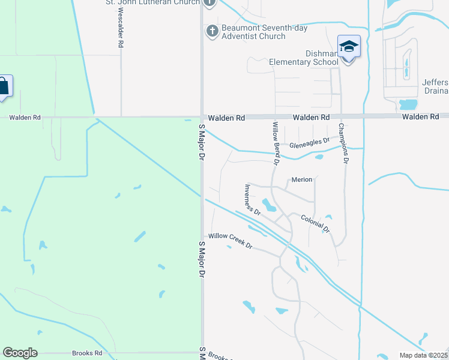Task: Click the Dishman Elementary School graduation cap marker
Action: click(x=349, y=46)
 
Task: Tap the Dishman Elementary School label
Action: click(x=304, y=58)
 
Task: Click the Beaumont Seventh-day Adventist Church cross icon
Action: click(x=211, y=31)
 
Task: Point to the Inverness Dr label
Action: click(x=252, y=199)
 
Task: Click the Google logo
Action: click(x=20, y=353)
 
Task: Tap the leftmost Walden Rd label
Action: click(x=25, y=118)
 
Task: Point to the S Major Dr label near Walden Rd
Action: click(x=202, y=142)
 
